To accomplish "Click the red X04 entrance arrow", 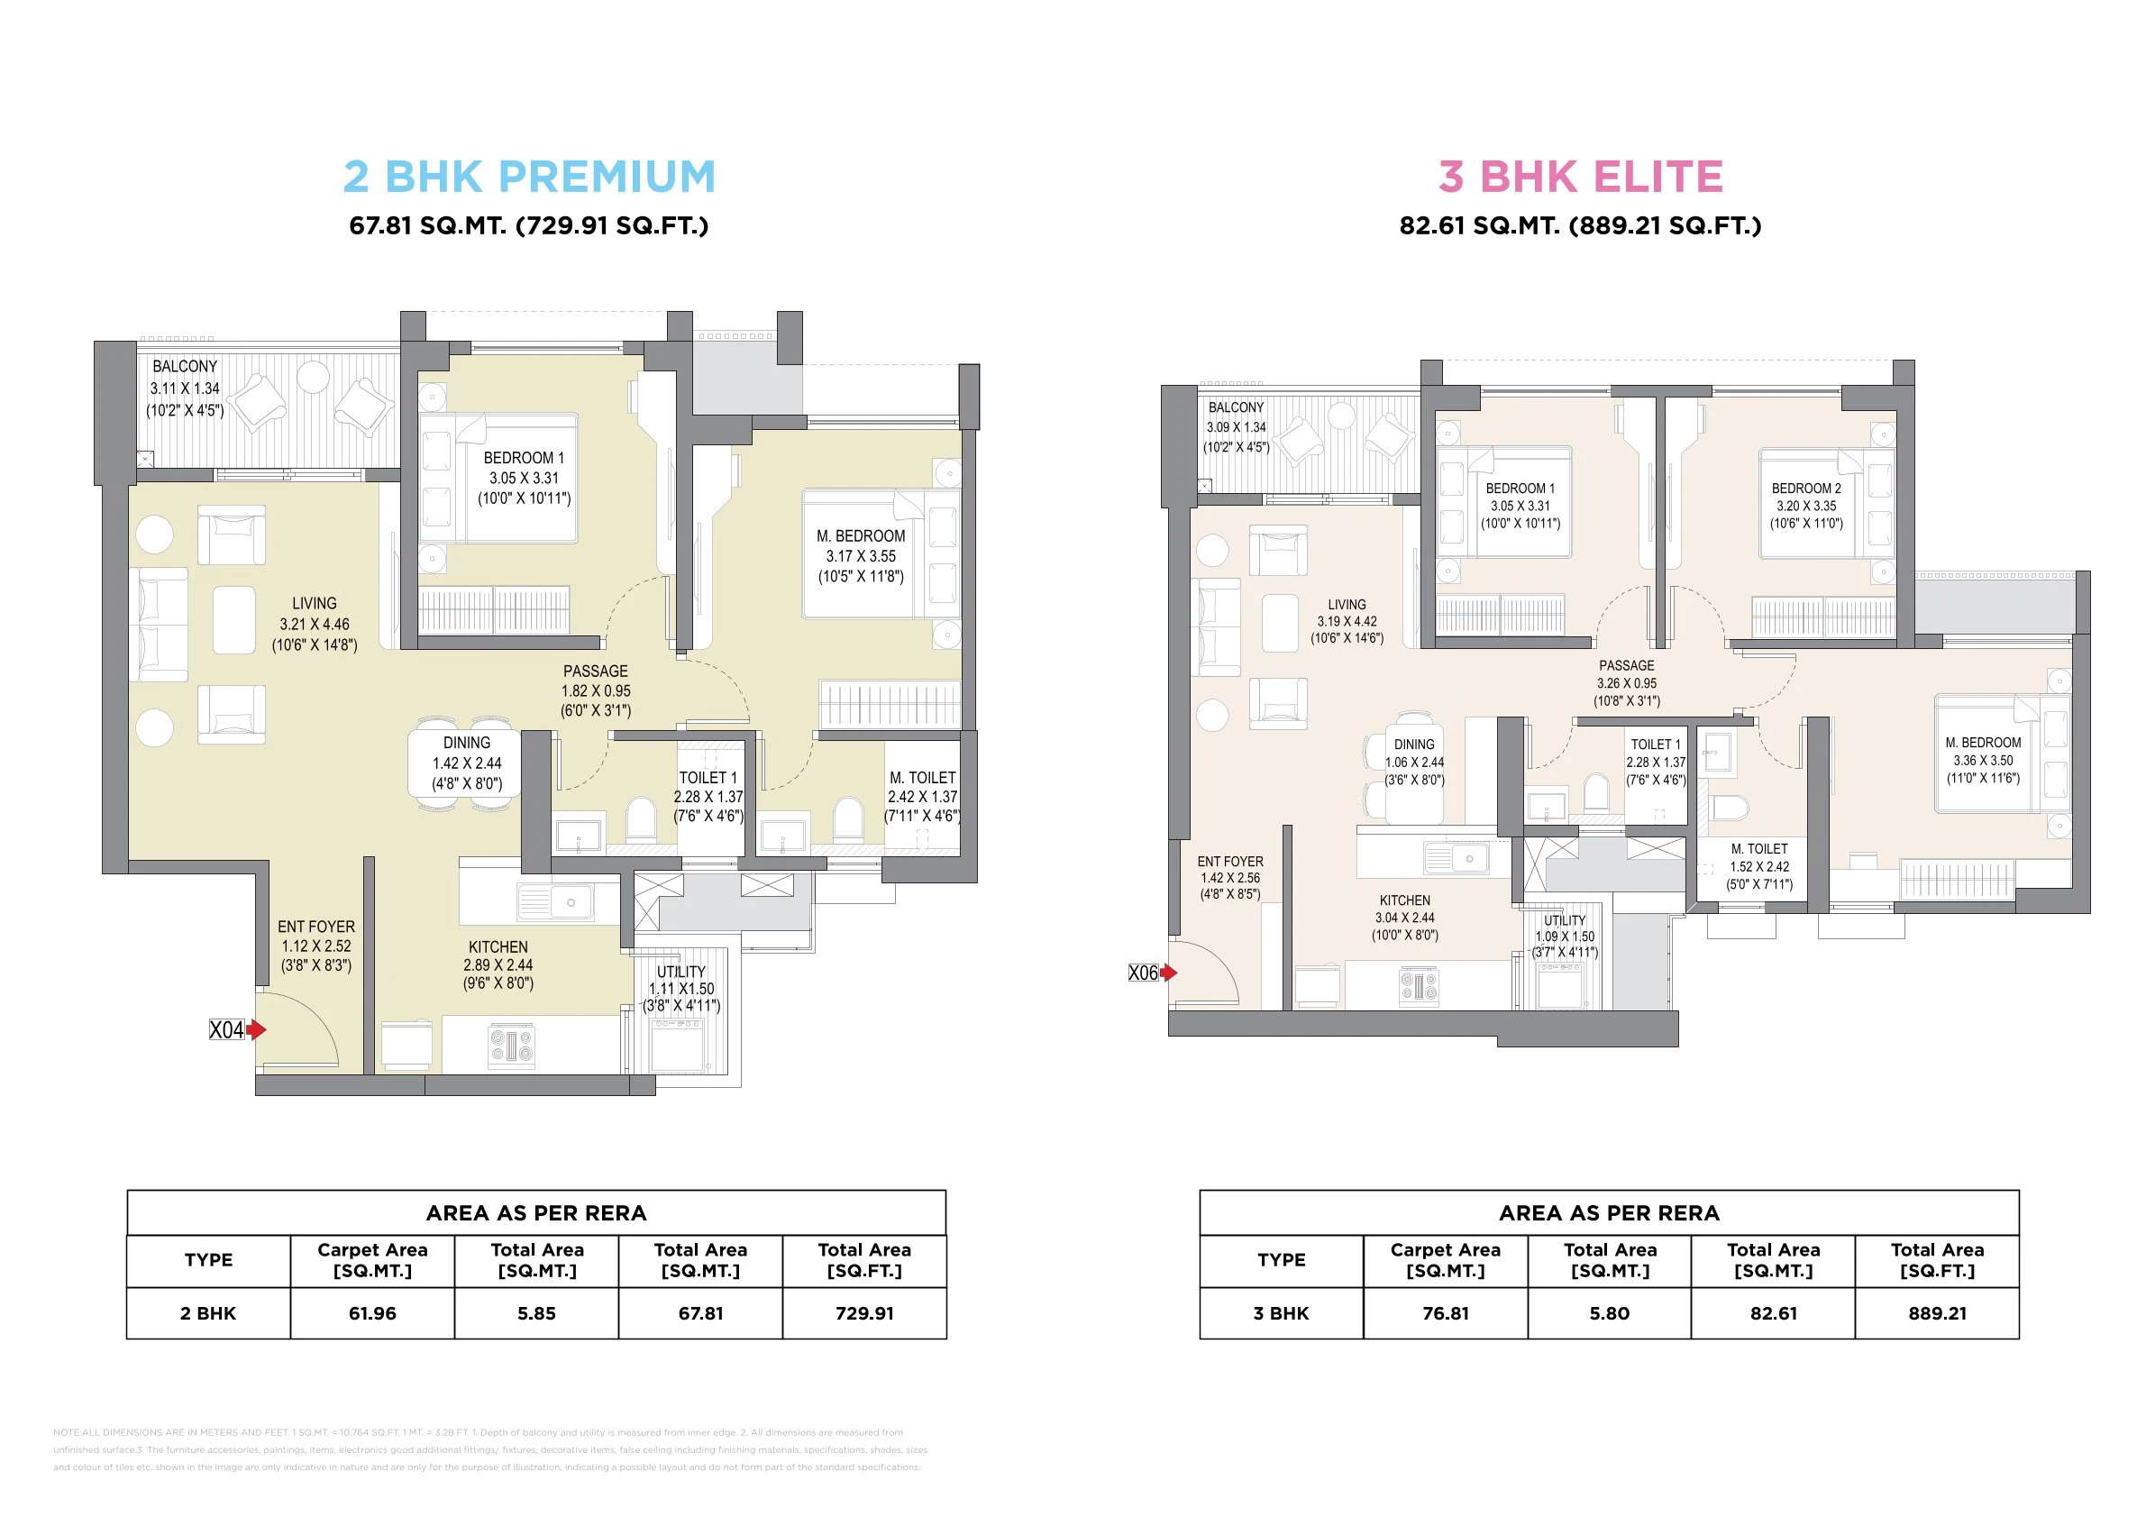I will click(257, 1029).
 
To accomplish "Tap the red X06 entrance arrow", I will click(1168, 972).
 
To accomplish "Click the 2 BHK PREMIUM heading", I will click(529, 177).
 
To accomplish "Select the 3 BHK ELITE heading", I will click(1581, 177).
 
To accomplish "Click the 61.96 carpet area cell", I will click(372, 1313).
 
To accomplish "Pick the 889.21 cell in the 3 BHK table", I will click(1937, 1313).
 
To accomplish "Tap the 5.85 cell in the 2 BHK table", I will click(536, 1313).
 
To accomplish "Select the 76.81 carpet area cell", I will click(1445, 1313).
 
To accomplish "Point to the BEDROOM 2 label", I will click(1806, 488).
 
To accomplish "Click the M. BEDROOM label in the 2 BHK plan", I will click(860, 535).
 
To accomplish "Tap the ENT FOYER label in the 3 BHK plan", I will click(1230, 861).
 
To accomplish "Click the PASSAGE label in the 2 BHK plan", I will click(596, 672).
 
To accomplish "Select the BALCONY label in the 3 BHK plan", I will click(1236, 407).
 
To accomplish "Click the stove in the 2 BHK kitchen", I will click(512, 1045).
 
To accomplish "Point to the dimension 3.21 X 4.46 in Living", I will click(314, 625).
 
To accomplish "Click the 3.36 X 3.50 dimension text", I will click(1984, 760).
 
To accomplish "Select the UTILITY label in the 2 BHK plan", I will click(680, 972).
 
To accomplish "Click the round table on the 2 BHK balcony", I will click(313, 377).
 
